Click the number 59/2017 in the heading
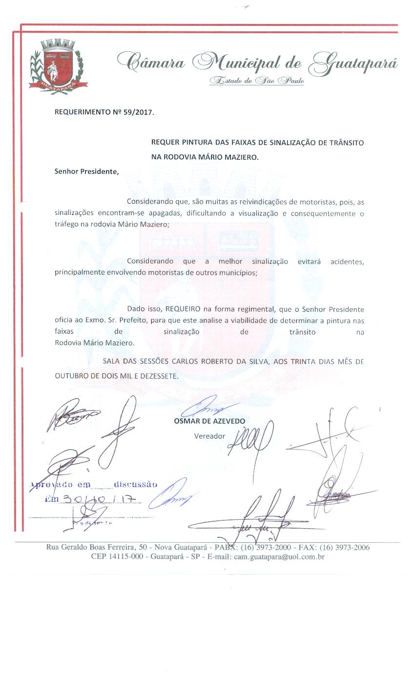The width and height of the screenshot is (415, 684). tap(136, 112)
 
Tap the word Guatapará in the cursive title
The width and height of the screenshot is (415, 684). tap(354, 63)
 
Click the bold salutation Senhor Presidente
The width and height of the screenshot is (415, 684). tap(86, 171)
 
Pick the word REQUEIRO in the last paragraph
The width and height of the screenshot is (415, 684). tap(182, 310)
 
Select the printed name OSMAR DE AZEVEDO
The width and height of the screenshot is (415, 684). tap(209, 421)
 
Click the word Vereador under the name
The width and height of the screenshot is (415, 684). tap(210, 436)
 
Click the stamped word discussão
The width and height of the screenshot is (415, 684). tap(135, 485)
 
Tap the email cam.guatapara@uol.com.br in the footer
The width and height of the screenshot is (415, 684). tap(279, 556)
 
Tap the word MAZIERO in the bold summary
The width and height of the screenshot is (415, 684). tap(238, 157)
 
